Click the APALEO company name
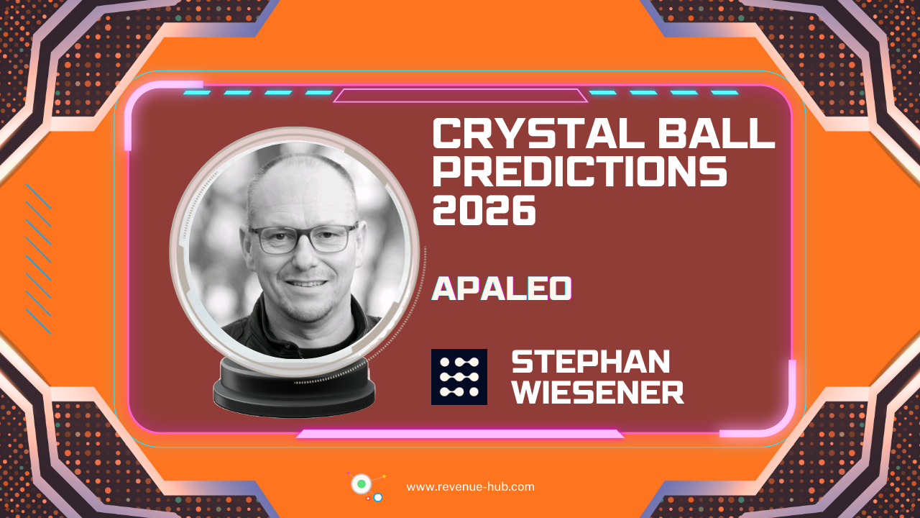(501, 288)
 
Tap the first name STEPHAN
(590, 362)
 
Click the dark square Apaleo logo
(459, 376)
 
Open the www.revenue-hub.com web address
(470, 486)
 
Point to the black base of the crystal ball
(294, 388)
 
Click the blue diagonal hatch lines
(38, 259)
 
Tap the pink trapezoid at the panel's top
(460, 96)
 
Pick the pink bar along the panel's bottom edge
(460, 434)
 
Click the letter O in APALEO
(560, 288)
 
